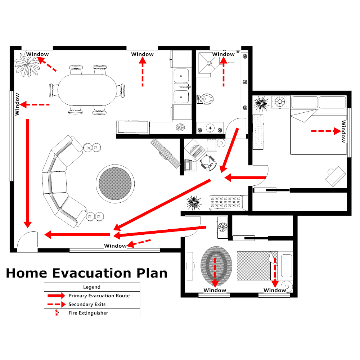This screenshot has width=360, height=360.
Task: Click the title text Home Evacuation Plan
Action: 86,273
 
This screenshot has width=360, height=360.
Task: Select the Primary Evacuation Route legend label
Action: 99,296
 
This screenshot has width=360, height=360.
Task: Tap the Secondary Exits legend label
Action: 87,305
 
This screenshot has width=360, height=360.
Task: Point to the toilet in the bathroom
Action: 206,98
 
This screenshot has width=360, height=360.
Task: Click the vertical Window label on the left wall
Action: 17,104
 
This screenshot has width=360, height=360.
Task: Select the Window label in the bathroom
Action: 223,54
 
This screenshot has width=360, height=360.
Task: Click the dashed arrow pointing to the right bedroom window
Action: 325,132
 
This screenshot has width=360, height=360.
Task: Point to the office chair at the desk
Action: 208,161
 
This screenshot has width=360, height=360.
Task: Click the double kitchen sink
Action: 181,86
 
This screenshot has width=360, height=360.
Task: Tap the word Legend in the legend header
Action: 92,287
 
